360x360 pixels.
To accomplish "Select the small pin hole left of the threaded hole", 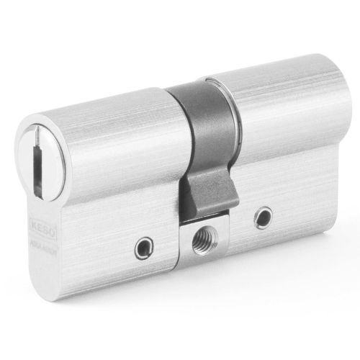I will (143, 248).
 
